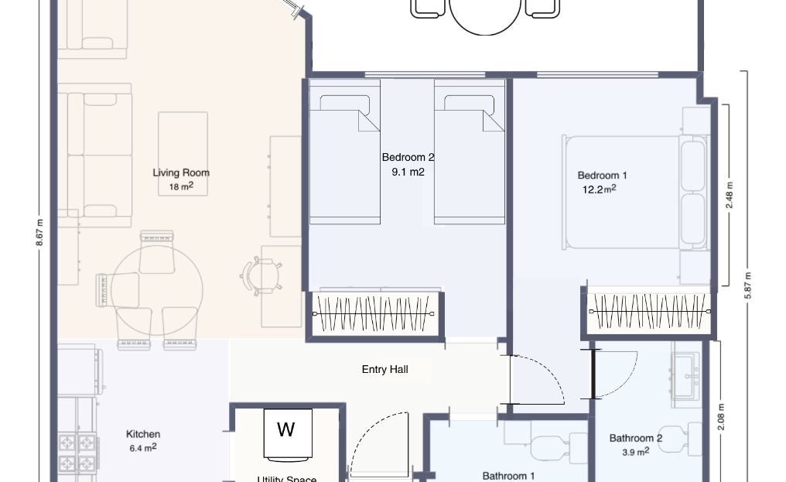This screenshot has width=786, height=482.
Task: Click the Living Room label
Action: pos(181,173)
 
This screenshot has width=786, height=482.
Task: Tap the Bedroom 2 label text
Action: pos(408,158)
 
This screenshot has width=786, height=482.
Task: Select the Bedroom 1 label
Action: pos(602,176)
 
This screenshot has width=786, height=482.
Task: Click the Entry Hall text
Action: pos(385,370)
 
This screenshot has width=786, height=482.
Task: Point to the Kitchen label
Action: pos(143,434)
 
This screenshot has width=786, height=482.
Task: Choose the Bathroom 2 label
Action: pos(636,439)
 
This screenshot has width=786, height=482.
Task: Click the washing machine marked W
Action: pos(288,434)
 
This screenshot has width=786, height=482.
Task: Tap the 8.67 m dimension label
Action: pos(39,232)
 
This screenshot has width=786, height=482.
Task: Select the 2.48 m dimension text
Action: pos(730,195)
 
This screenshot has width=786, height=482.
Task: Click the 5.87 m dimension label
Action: pos(748,285)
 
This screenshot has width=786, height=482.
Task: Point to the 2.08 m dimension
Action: pos(721,417)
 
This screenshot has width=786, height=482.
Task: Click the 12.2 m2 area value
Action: pos(599,189)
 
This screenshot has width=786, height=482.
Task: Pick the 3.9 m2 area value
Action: pos(636,451)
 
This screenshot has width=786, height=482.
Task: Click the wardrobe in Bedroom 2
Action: pos(374,314)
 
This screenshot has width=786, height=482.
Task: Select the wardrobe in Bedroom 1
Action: pos(649,312)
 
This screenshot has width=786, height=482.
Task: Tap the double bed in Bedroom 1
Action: pos(636,193)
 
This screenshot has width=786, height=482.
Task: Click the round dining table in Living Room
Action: pos(157,289)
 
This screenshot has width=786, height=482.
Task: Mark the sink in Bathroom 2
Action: pos(686,374)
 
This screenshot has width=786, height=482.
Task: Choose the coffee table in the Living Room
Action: pos(183,153)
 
